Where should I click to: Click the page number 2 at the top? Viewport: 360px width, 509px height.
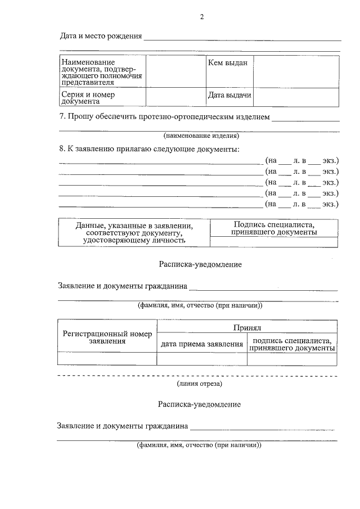tap(201, 17)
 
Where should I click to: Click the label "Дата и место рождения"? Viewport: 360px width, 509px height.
tap(101, 37)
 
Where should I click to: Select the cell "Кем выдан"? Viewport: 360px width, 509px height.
tap(227, 63)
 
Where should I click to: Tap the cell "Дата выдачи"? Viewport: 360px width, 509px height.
tap(229, 96)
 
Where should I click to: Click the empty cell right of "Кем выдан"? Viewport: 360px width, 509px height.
tap(296, 71)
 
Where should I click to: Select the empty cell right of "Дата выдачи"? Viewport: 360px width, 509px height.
tap(296, 97)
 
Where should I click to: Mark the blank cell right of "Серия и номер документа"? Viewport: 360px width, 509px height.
tap(175, 97)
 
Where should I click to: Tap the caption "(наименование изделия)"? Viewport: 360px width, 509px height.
tap(201, 136)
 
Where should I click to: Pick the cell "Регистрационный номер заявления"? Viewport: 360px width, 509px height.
tap(107, 337)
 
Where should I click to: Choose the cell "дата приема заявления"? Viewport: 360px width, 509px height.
tap(202, 344)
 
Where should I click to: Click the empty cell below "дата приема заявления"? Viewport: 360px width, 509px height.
tap(202, 359)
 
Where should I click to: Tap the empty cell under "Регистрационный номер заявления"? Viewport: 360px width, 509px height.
tap(107, 359)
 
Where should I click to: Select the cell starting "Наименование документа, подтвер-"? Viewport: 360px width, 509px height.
tap(102, 71)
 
